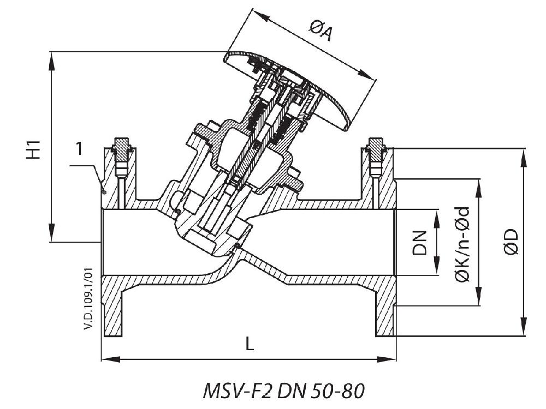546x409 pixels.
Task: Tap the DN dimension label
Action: pos(419,242)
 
